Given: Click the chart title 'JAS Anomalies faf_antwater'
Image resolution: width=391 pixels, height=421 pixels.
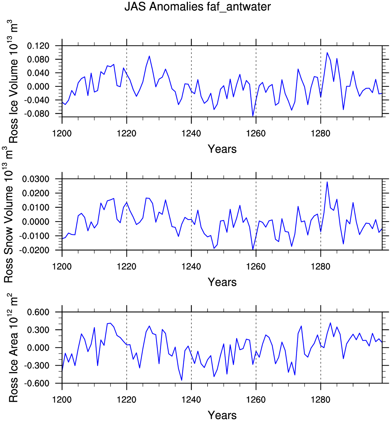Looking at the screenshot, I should (198, 7).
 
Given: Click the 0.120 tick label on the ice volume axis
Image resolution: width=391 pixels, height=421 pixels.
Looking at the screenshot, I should (38, 46).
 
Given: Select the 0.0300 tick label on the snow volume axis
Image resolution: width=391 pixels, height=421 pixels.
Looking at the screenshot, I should (36, 179).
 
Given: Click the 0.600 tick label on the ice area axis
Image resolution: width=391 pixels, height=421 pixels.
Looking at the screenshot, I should (38, 312).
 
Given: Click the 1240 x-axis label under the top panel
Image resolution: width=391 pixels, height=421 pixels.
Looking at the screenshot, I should (191, 133).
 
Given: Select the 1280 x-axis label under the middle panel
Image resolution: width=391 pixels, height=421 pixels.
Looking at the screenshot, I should (320, 266).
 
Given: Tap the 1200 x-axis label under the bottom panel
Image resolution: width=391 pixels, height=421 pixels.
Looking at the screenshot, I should (62, 400).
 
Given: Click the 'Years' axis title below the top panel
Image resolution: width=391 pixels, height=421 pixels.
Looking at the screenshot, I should (222, 149).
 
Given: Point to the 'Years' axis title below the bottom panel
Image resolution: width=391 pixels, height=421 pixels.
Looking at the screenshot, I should (222, 415).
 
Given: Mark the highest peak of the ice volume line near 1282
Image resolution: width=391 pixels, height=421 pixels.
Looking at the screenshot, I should (327, 53).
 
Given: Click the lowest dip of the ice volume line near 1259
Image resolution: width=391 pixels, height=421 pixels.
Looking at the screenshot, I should (253, 116).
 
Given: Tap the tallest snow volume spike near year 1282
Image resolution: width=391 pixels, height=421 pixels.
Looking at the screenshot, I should (327, 182).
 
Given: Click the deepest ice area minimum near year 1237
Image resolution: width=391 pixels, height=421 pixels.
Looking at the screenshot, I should (182, 380).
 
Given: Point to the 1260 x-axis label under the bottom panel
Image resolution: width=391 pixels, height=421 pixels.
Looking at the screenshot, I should (256, 400).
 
